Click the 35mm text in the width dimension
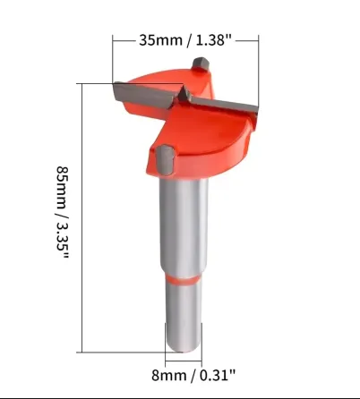(x=160, y=40)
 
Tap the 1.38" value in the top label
(x=214, y=40)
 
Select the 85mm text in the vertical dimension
(x=63, y=188)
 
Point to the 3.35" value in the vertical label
(x=63, y=240)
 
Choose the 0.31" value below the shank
(x=218, y=375)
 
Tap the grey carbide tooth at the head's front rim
(x=165, y=160)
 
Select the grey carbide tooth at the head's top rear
(x=201, y=64)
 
